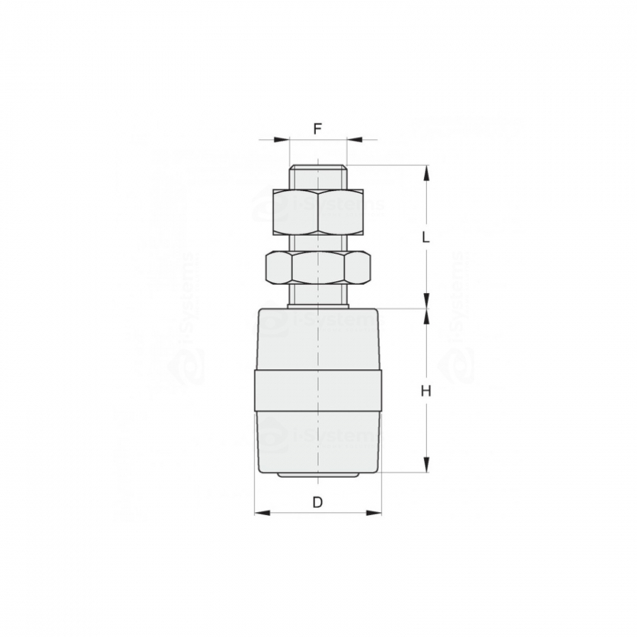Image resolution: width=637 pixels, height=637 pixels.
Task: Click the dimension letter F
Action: (318, 128)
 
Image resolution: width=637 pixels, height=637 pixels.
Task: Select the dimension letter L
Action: (425, 237)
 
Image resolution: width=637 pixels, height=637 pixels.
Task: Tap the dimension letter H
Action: (425, 391)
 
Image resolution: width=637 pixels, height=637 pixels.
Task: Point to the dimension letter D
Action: (318, 502)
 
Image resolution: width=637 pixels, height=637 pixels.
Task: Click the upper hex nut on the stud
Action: (318, 211)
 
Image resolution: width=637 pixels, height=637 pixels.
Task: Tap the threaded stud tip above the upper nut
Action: (318, 177)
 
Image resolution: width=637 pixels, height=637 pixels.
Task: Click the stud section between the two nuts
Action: (318, 241)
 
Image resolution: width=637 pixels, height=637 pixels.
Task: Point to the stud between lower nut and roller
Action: (318, 297)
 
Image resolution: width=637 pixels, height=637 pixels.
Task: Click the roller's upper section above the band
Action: (318, 341)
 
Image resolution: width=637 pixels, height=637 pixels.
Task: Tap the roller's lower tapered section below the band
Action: (318, 441)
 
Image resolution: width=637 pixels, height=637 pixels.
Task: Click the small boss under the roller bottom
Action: (318, 477)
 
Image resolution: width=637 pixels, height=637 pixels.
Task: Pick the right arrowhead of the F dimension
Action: (352, 140)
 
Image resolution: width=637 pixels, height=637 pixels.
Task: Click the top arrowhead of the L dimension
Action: (425, 171)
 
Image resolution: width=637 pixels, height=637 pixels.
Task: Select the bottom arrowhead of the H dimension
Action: (425, 468)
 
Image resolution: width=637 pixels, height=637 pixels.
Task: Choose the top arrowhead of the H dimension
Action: (425, 316)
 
